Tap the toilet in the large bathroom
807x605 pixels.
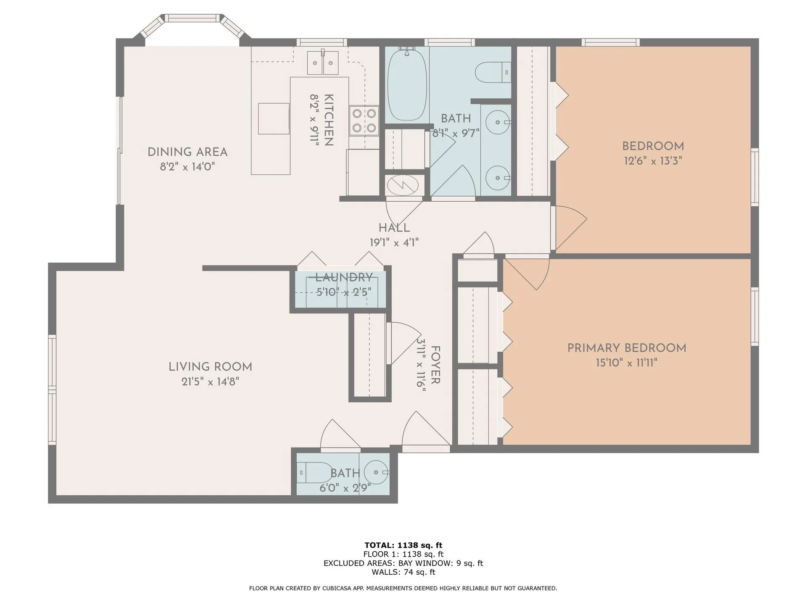click(493, 72)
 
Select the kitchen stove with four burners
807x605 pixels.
click(364, 121)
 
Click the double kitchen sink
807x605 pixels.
click(323, 63)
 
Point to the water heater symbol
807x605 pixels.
click(403, 185)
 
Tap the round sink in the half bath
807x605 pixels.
click(376, 472)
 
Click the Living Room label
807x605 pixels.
click(210, 367)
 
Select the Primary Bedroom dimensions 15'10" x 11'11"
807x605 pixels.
click(626, 363)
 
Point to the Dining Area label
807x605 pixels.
click(187, 152)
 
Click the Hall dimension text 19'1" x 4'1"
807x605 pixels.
click(394, 242)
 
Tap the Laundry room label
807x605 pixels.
click(344, 277)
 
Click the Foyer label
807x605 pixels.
click(435, 365)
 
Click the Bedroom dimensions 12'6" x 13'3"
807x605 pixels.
click(653, 161)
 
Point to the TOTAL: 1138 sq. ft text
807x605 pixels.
click(403, 545)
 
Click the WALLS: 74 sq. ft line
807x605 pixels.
click(403, 572)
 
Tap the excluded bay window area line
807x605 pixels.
click(403, 563)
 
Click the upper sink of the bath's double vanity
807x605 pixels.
click(498, 122)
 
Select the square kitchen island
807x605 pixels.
click(274, 118)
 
